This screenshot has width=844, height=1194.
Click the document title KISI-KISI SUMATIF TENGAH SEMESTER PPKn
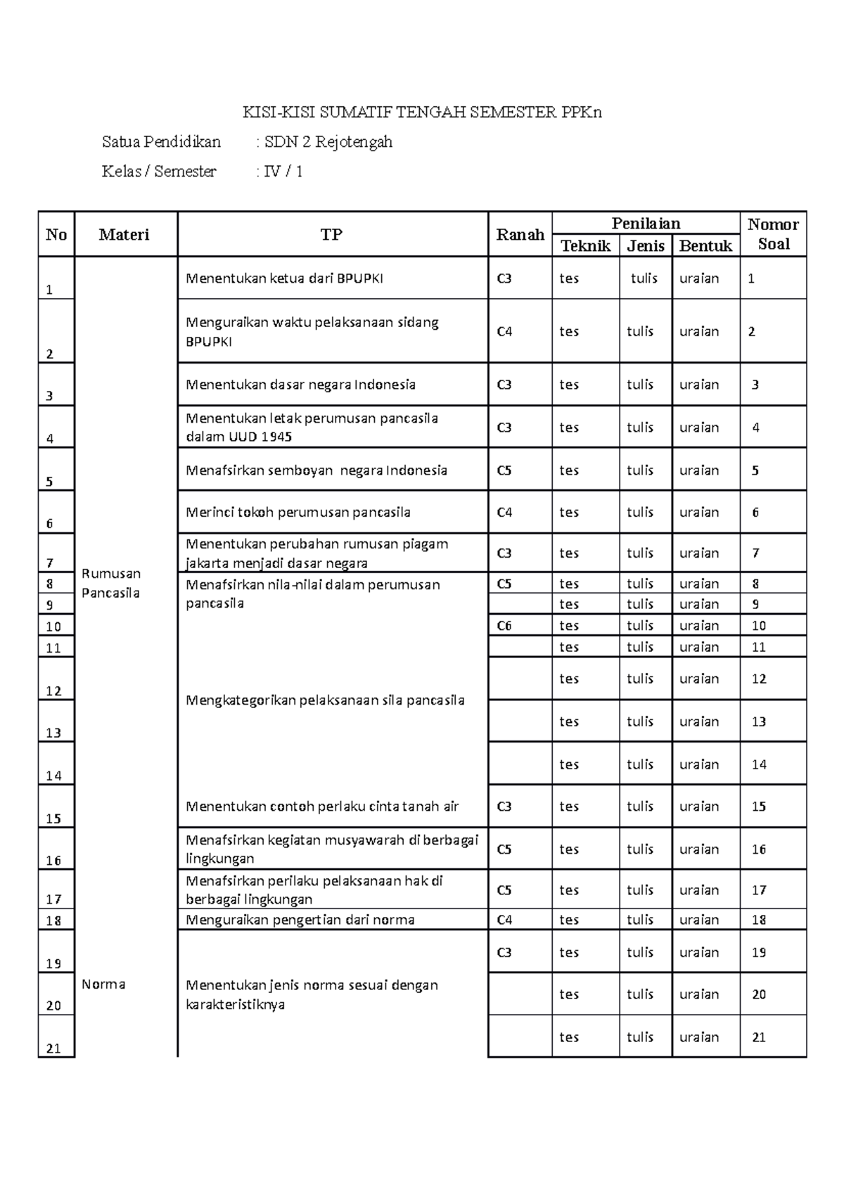422,113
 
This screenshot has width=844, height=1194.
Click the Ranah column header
520,235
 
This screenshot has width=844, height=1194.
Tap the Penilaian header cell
646,224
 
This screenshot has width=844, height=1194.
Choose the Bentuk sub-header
705,245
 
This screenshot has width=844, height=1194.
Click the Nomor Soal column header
773,234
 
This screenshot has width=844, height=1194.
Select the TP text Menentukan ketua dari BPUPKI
284,278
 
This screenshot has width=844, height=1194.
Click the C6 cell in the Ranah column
504,626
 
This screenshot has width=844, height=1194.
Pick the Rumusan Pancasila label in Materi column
111,583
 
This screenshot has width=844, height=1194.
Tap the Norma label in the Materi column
103,984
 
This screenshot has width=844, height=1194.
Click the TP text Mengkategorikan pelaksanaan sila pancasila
325,700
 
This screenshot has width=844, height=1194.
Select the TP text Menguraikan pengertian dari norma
300,920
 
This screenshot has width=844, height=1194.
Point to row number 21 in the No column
53,1048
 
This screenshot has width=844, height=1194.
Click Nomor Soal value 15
758,807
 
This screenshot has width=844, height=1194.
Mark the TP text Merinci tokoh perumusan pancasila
298,512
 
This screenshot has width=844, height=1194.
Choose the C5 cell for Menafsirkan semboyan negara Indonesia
504,470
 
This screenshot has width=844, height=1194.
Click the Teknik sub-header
585,245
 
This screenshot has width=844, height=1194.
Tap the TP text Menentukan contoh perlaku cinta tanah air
321,807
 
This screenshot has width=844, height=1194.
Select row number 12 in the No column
53,691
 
